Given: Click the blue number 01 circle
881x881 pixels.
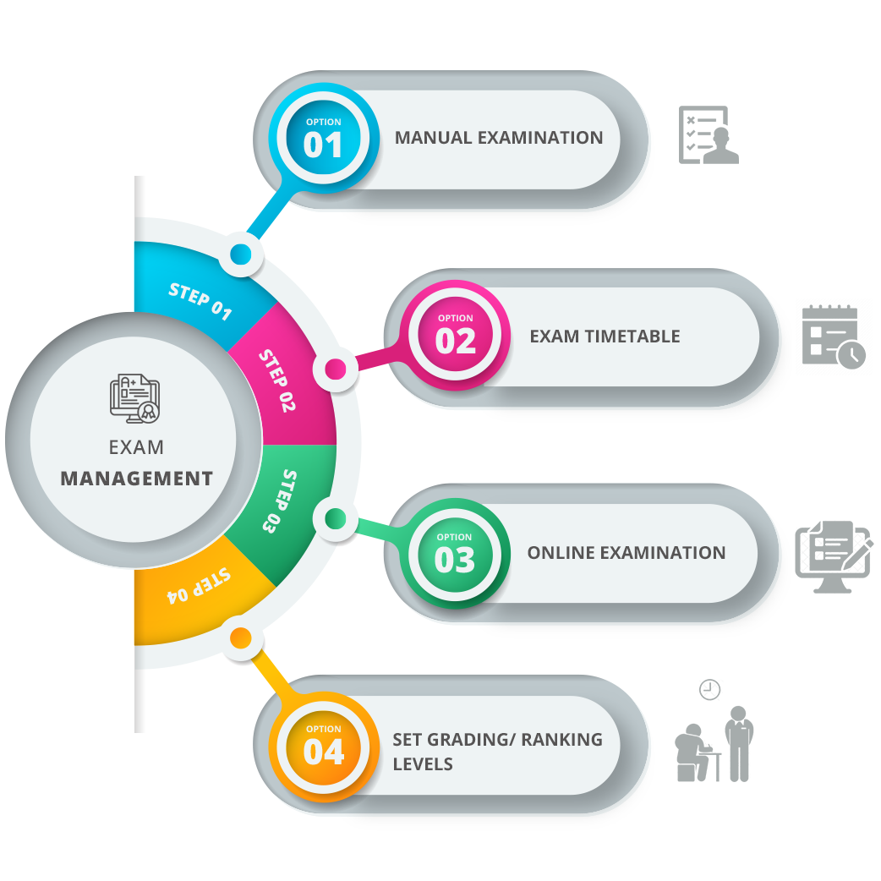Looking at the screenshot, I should point(323,140).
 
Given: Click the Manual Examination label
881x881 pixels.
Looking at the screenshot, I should point(499,138).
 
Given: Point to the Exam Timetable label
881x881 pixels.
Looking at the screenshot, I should point(605,337).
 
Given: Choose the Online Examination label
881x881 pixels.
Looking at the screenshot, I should point(627,553).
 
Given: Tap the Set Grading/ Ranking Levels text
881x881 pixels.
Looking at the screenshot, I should point(497,751).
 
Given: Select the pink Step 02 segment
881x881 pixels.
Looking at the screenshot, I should point(279,380).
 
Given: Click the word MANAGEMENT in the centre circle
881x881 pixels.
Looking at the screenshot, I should point(136,479).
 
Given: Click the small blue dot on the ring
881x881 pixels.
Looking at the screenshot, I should point(241,254).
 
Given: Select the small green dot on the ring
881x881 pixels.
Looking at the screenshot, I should point(335,517).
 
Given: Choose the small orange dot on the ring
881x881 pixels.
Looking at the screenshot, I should point(240,637).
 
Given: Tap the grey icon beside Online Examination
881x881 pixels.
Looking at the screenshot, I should point(833,555).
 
